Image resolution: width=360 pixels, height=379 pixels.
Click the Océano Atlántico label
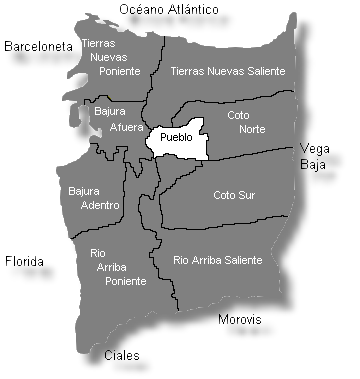(169, 9)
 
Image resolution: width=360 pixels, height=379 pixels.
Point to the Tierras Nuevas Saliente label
(228, 71)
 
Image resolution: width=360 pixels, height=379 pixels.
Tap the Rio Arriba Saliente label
(218, 260)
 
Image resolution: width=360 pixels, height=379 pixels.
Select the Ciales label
(122, 355)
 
